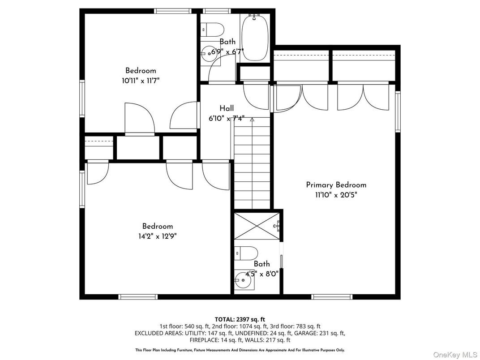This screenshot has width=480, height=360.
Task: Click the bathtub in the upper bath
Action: click(x=255, y=38)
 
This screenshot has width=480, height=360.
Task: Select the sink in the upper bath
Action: click(x=208, y=54)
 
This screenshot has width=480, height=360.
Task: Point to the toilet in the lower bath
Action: click(x=245, y=253)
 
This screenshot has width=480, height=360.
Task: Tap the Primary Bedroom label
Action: click(x=336, y=185)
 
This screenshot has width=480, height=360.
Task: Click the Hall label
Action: click(x=227, y=108)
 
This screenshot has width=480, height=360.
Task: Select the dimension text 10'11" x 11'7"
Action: click(x=141, y=81)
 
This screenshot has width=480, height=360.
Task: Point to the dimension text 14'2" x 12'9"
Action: click(x=158, y=236)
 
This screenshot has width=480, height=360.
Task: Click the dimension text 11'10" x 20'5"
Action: click(x=336, y=195)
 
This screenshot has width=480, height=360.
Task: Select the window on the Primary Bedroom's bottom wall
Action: click(x=332, y=297)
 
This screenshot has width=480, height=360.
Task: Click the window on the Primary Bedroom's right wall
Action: click(x=398, y=111)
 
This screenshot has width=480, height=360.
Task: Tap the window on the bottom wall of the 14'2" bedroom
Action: click(x=138, y=297)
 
